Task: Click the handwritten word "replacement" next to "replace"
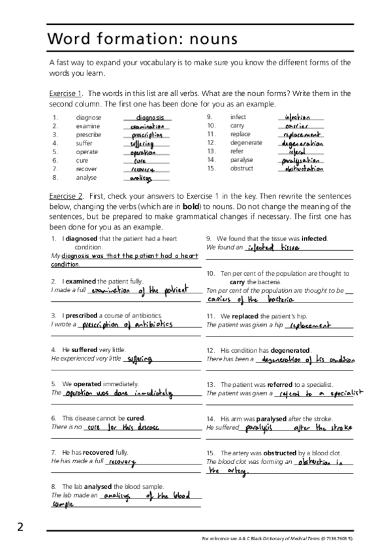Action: tap(304, 135)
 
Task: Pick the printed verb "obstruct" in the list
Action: tap(242, 168)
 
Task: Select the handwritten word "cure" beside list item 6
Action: tap(140, 161)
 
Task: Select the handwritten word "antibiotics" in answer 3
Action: tap(148, 324)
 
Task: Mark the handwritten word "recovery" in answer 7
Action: tap(123, 462)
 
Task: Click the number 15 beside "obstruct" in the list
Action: tap(211, 168)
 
